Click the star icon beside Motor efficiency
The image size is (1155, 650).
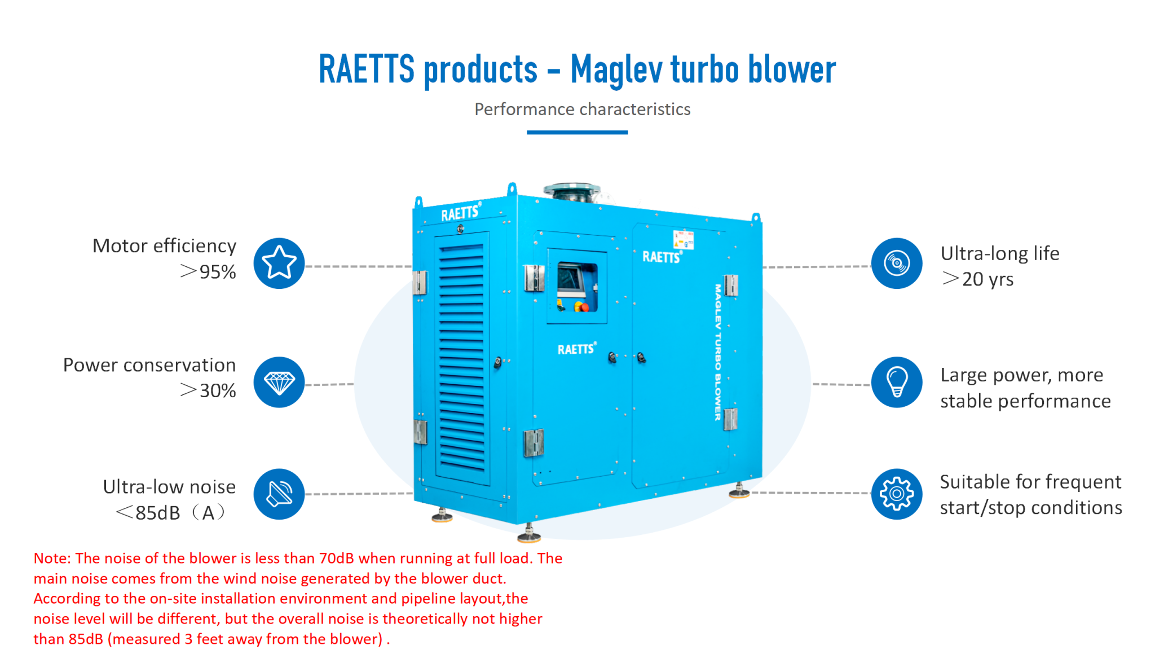click(x=279, y=263)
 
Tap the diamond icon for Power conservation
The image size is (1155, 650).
click(x=279, y=383)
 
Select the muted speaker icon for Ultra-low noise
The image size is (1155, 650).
click(x=279, y=494)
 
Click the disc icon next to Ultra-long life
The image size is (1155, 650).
click(x=896, y=263)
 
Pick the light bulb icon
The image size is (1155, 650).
click(x=896, y=383)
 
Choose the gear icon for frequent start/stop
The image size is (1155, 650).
click(x=896, y=494)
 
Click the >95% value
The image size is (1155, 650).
click(x=208, y=272)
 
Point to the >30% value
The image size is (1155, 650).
click(x=208, y=390)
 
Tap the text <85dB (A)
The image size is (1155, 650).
click(x=170, y=512)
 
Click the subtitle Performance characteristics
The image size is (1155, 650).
click(x=582, y=109)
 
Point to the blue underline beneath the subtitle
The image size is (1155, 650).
click(x=577, y=133)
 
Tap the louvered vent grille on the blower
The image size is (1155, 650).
click(x=462, y=358)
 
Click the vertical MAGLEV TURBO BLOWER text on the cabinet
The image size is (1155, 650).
click(x=718, y=352)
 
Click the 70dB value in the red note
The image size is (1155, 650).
click(x=337, y=558)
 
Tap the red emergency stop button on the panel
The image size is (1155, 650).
click(x=584, y=307)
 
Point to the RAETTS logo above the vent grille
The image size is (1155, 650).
click(x=460, y=213)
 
